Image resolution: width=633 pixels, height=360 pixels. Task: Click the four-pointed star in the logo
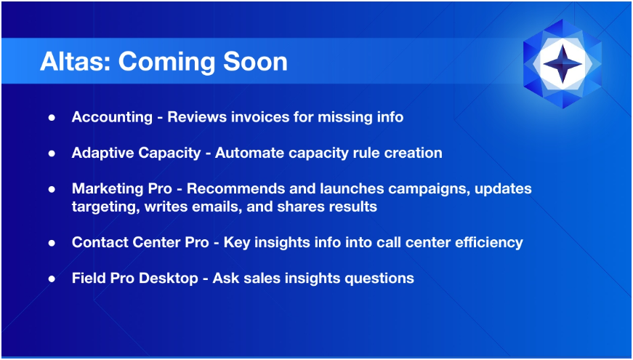(x=563, y=64)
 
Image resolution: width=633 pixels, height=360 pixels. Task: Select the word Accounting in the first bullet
(x=112, y=117)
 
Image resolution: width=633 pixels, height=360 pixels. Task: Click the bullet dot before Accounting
(x=52, y=118)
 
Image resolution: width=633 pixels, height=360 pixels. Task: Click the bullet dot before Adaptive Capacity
(x=52, y=153)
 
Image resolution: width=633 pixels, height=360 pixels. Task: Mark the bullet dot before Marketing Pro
(x=52, y=190)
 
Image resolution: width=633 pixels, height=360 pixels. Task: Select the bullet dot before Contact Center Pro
(x=52, y=243)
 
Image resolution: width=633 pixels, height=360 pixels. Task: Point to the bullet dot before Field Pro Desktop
(x=52, y=279)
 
